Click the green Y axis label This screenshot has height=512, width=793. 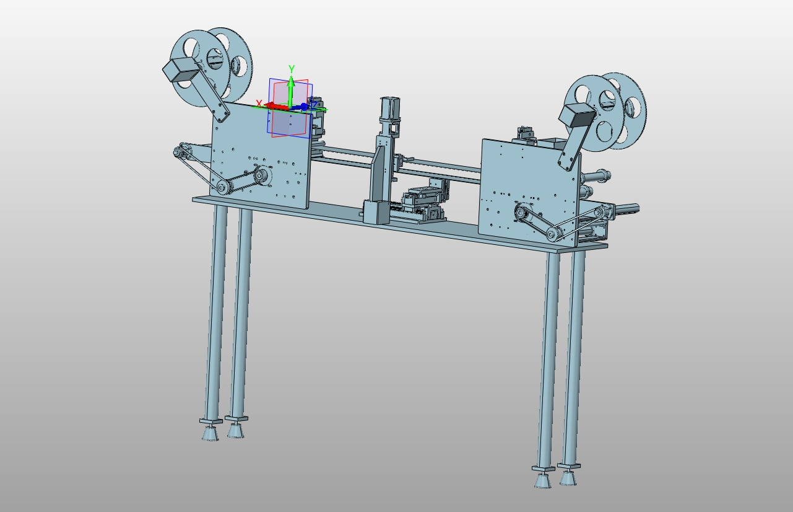coord(291,69)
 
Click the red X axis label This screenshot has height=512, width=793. coord(259,104)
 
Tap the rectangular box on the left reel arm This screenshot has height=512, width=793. coord(180,70)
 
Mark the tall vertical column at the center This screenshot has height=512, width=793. coord(383,161)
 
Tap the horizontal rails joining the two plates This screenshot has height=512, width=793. coord(433,167)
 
